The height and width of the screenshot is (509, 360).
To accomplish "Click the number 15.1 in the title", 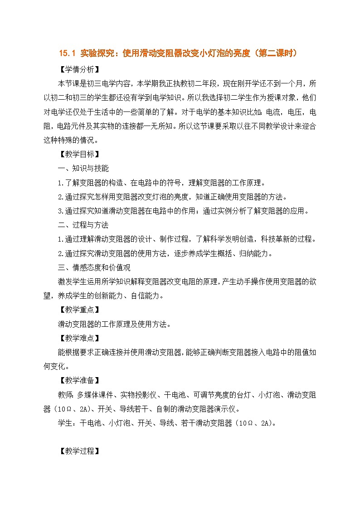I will (x=66, y=53).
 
